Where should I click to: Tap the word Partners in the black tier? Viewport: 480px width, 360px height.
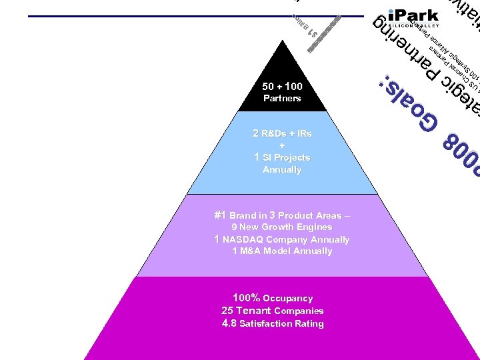pos(282,98)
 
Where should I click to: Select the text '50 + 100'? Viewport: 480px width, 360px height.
pos(282,86)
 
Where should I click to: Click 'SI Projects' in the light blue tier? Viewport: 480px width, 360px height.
pos(287,157)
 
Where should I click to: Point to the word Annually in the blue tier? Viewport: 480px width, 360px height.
pos(282,169)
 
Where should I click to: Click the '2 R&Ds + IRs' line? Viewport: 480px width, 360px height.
pos(282,133)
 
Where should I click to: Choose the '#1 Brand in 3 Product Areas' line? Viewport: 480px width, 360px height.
pos(282,215)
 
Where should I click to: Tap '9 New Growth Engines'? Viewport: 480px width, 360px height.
pos(282,227)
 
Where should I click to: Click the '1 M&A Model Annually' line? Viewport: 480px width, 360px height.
pos(282,251)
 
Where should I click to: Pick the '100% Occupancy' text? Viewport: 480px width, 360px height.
pos(273,298)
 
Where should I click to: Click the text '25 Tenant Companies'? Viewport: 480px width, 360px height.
pos(273,311)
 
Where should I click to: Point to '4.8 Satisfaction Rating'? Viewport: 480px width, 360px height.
pos(273,323)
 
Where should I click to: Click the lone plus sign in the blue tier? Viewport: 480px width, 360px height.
pos(282,145)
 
